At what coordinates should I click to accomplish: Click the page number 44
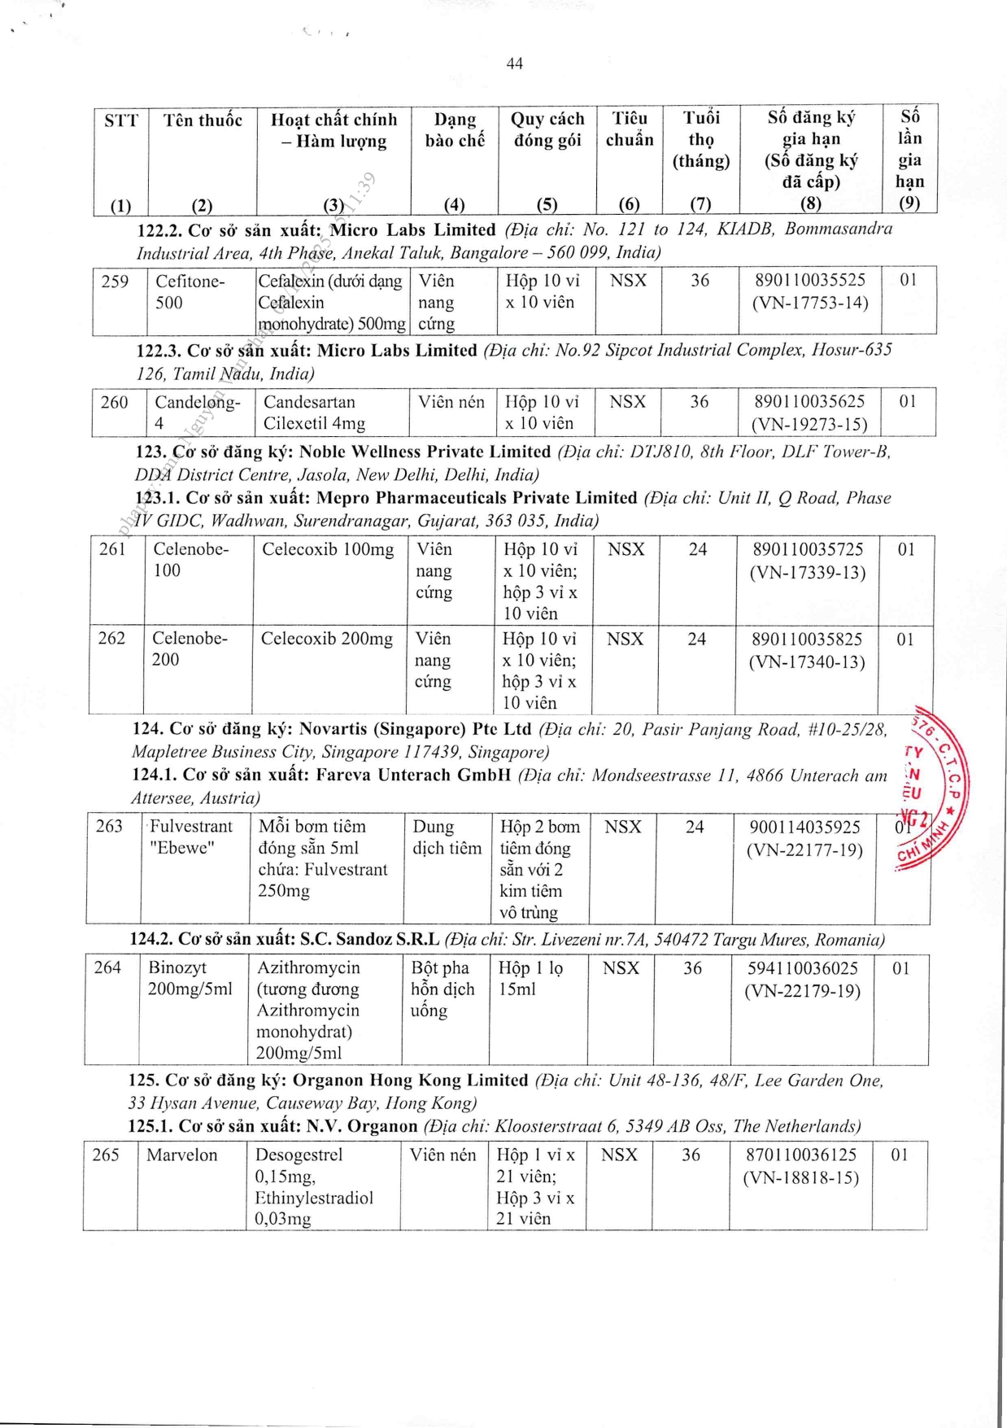[514, 63]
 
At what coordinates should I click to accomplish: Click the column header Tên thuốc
[203, 120]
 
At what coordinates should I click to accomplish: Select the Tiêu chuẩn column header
[630, 129]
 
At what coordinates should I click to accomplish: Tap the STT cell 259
[115, 282]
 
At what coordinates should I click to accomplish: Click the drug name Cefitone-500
[190, 292]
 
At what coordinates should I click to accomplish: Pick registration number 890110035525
[810, 281]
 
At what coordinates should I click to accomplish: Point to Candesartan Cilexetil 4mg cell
[314, 413]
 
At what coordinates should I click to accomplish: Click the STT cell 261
[112, 549]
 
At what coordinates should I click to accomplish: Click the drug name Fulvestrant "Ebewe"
[191, 837]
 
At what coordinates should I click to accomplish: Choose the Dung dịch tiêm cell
[447, 837]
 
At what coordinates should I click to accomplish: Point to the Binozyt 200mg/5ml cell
[190, 978]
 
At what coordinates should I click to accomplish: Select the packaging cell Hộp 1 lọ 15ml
[530, 978]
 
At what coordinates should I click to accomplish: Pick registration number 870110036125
[801, 1155]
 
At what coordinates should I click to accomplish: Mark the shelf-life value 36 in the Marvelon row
[691, 1155]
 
